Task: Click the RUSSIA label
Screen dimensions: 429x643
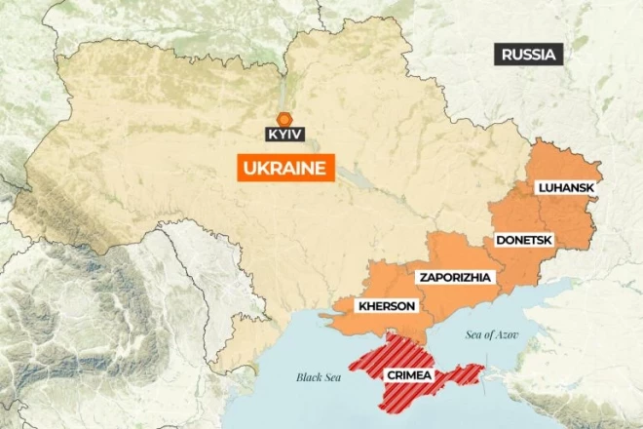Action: pos(529,55)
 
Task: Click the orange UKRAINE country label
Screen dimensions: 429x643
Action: pos(285,168)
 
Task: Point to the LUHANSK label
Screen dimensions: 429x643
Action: pos(565,187)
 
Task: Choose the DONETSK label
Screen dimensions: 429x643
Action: pos(525,239)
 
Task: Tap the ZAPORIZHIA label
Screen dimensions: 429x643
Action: pos(455,277)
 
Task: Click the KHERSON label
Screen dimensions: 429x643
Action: pos(387,306)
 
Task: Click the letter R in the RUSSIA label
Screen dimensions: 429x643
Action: pos(507,55)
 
